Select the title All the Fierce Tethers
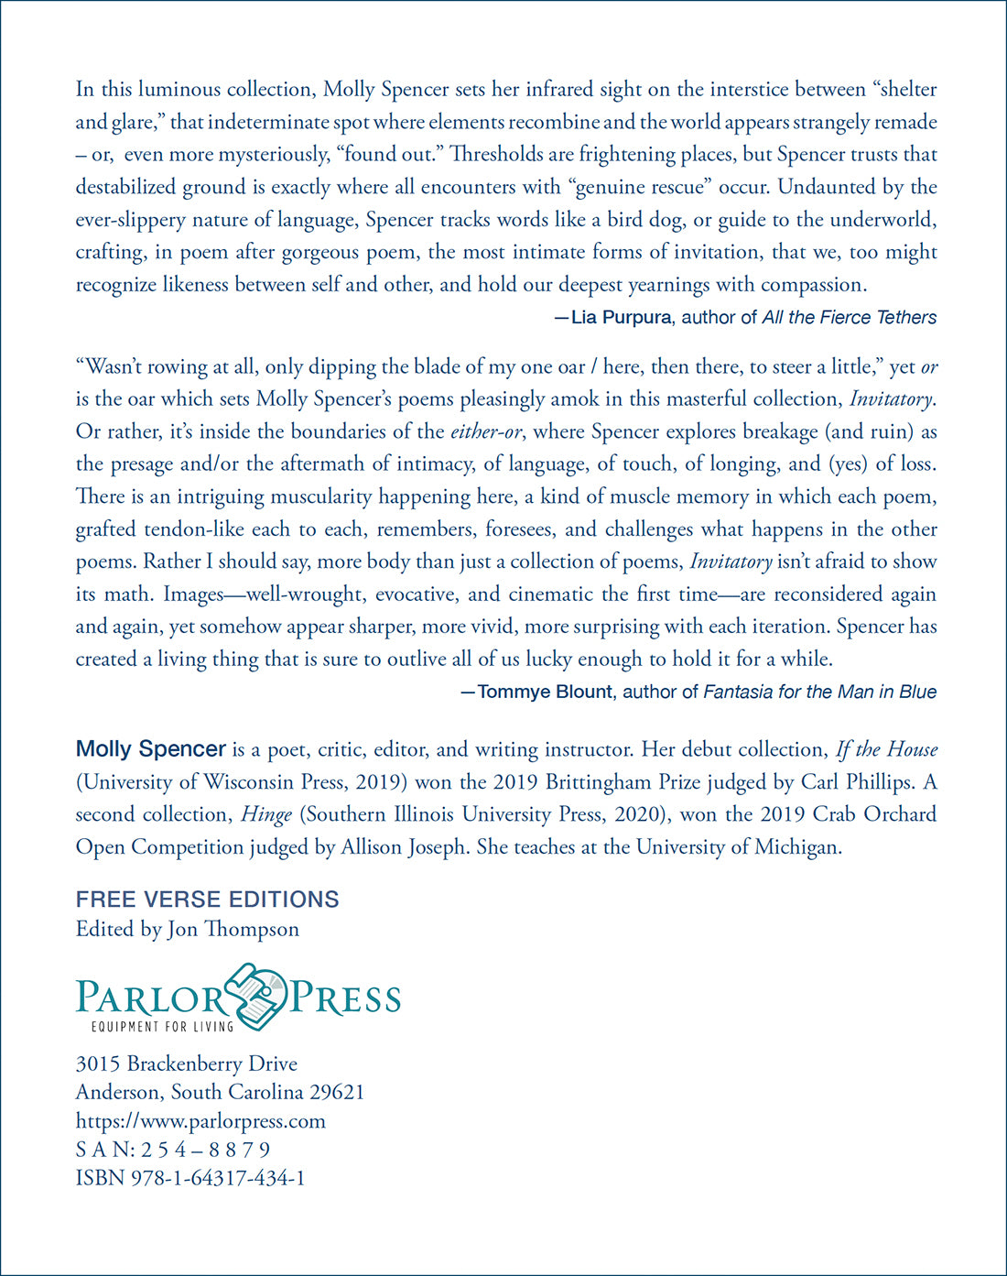coord(849,318)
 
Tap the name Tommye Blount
coord(544,692)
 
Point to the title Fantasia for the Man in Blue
coord(819,692)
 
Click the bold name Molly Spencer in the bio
coord(150,749)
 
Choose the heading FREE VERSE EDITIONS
coord(207,900)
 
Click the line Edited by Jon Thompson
coord(187,929)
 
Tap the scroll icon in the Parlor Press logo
coord(256,995)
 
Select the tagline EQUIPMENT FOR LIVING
coord(162,1027)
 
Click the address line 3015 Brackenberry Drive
coord(186,1063)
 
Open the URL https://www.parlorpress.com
coord(200,1121)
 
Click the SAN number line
coord(173,1150)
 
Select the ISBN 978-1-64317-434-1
coord(190,1178)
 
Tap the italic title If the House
coord(886,749)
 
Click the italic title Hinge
coord(265,814)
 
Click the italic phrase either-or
coord(485,431)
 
